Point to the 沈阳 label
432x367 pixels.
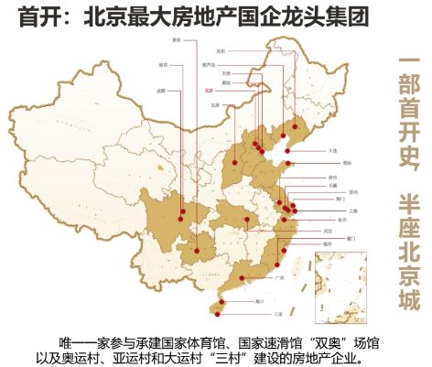220,51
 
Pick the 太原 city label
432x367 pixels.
216,105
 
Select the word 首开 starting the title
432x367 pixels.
39,15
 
